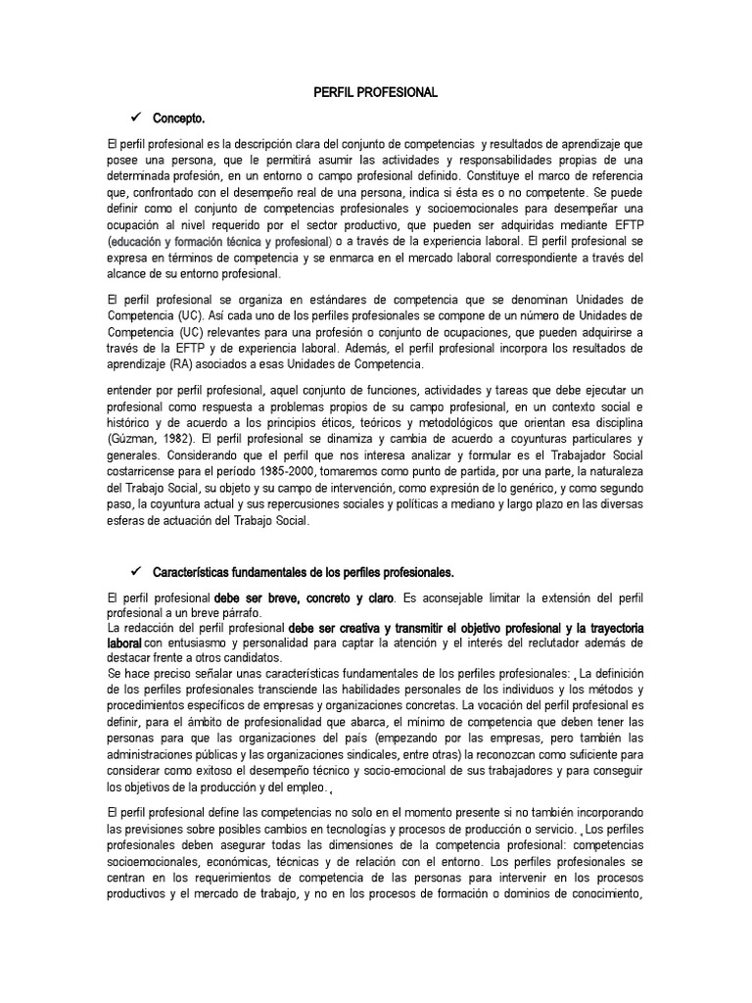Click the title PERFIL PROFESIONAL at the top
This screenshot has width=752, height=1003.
point(375,92)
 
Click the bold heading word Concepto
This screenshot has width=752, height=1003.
point(179,119)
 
